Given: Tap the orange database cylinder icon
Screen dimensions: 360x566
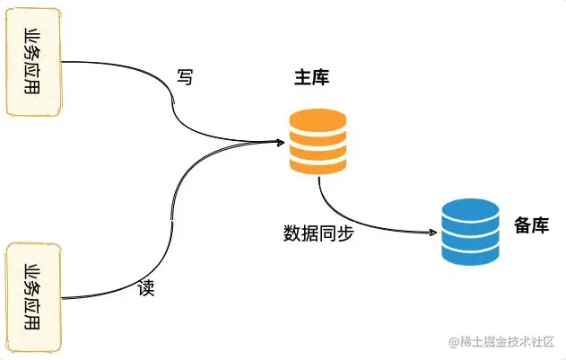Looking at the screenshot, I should [318, 141].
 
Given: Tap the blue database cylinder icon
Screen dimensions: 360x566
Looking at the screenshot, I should [471, 232].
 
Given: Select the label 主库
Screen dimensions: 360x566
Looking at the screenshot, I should [311, 78].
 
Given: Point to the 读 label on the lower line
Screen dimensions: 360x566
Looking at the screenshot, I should [147, 290].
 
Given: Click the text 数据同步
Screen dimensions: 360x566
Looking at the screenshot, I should [318, 232].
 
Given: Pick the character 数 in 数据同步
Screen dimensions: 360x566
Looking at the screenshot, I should [292, 232].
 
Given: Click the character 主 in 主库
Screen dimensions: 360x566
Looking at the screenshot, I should [302, 78].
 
